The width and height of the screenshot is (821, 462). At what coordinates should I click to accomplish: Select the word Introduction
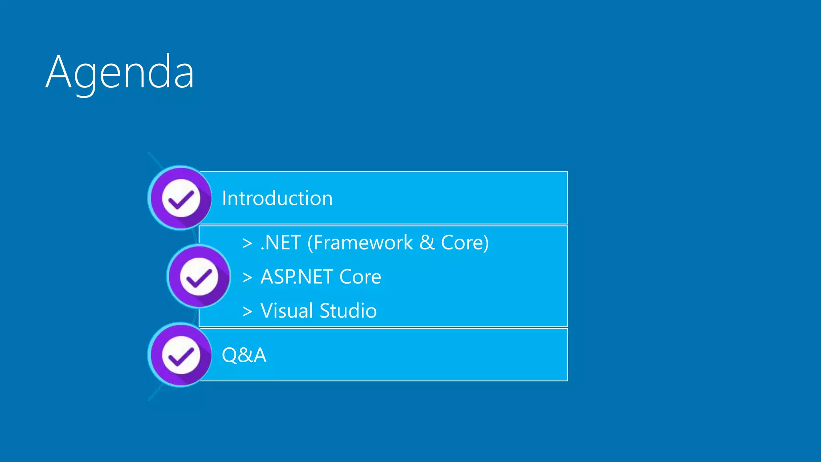pos(277,198)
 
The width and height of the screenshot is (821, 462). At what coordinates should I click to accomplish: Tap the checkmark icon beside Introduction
pos(181,198)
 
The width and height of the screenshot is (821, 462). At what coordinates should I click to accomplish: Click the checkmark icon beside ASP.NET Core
pos(199,277)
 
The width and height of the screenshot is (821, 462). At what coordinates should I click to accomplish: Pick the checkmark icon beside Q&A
pos(181,355)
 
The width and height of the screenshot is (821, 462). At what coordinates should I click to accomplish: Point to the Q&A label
pos(244,355)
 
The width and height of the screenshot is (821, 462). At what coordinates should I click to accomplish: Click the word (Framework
pos(360,243)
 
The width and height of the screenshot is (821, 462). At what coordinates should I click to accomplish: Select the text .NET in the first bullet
pos(281,243)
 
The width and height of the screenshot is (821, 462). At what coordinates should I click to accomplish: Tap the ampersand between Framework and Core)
pos(427,243)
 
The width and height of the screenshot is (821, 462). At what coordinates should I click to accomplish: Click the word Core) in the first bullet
pos(465,243)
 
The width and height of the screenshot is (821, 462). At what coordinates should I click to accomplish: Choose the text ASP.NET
pos(297,277)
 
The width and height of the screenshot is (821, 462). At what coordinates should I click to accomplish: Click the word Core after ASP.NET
pos(360,277)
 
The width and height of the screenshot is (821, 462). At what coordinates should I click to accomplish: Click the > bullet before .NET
pos(247,243)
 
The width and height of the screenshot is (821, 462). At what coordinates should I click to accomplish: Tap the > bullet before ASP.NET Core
pos(247,277)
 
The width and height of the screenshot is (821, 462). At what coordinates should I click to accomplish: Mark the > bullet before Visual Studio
pos(247,311)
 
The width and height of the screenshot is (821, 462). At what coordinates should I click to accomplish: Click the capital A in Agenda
pos(59,72)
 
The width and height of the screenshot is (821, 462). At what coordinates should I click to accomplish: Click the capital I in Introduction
pos(224,198)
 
